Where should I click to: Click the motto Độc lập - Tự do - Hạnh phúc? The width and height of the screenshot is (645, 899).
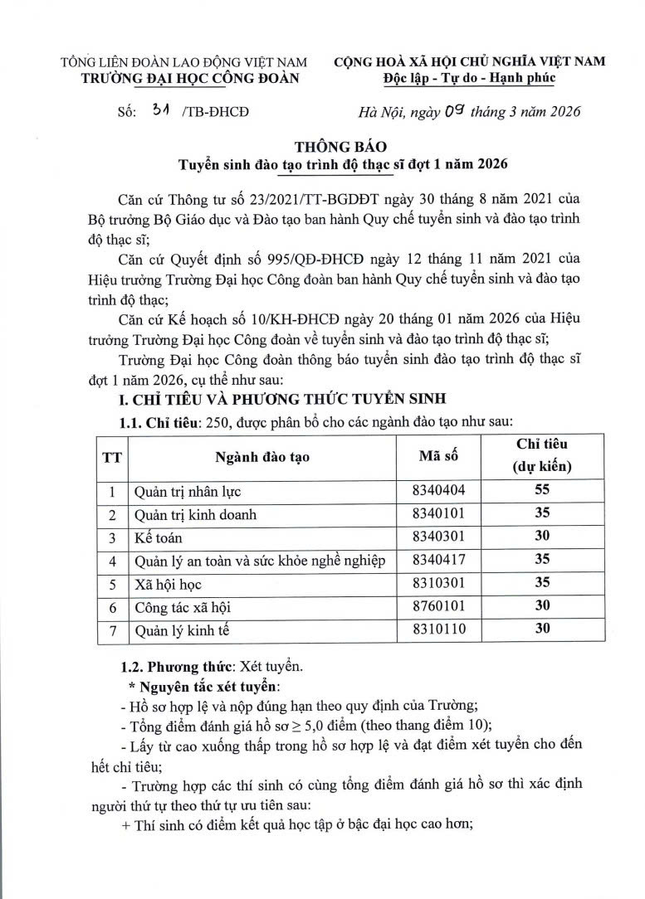[x=469, y=78]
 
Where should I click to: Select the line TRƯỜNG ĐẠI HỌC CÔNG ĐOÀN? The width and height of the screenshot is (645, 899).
[x=183, y=79]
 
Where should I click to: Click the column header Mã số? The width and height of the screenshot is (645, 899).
[x=437, y=454]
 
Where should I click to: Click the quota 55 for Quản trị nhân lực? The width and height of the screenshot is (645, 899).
[x=542, y=490]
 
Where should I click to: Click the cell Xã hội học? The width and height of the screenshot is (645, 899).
[x=162, y=584]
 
